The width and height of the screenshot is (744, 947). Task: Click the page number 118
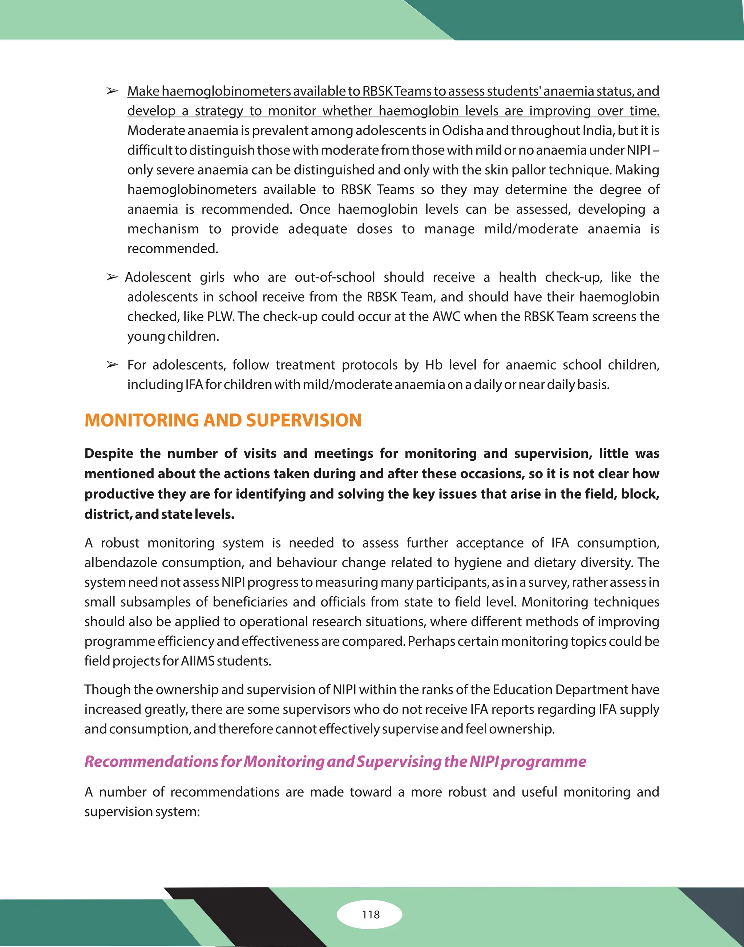[x=370, y=914]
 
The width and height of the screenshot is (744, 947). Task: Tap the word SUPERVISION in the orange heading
[x=304, y=420]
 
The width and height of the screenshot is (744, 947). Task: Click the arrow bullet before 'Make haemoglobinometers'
[x=112, y=91]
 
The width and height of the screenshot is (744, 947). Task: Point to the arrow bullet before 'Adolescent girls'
[x=112, y=277]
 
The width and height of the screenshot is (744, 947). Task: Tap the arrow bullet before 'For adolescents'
[x=112, y=365]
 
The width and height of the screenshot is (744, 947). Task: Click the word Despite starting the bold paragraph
[x=109, y=454]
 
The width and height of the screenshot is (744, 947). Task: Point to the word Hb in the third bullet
[x=433, y=365]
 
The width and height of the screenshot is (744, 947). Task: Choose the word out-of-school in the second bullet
[x=335, y=277]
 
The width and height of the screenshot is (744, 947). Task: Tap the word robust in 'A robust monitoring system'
[x=120, y=543]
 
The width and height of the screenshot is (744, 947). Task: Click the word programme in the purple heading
[x=543, y=761]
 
